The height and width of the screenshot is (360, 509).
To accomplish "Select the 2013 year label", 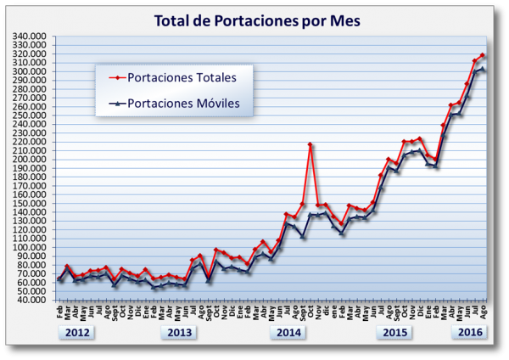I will (x=180, y=332).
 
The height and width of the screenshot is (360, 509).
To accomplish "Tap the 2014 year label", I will (x=287, y=332).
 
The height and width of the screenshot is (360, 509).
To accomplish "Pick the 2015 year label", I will (x=394, y=332).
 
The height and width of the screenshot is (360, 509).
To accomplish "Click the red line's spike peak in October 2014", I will (x=310, y=144).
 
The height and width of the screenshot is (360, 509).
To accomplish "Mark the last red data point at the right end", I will (x=483, y=55).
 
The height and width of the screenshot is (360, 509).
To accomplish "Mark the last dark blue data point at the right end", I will (x=483, y=70).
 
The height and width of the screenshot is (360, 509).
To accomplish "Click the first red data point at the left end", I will (x=59, y=278).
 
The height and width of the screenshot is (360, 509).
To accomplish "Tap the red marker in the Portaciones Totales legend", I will (x=117, y=77).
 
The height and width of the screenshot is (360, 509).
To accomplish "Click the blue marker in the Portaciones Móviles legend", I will (x=117, y=104).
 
